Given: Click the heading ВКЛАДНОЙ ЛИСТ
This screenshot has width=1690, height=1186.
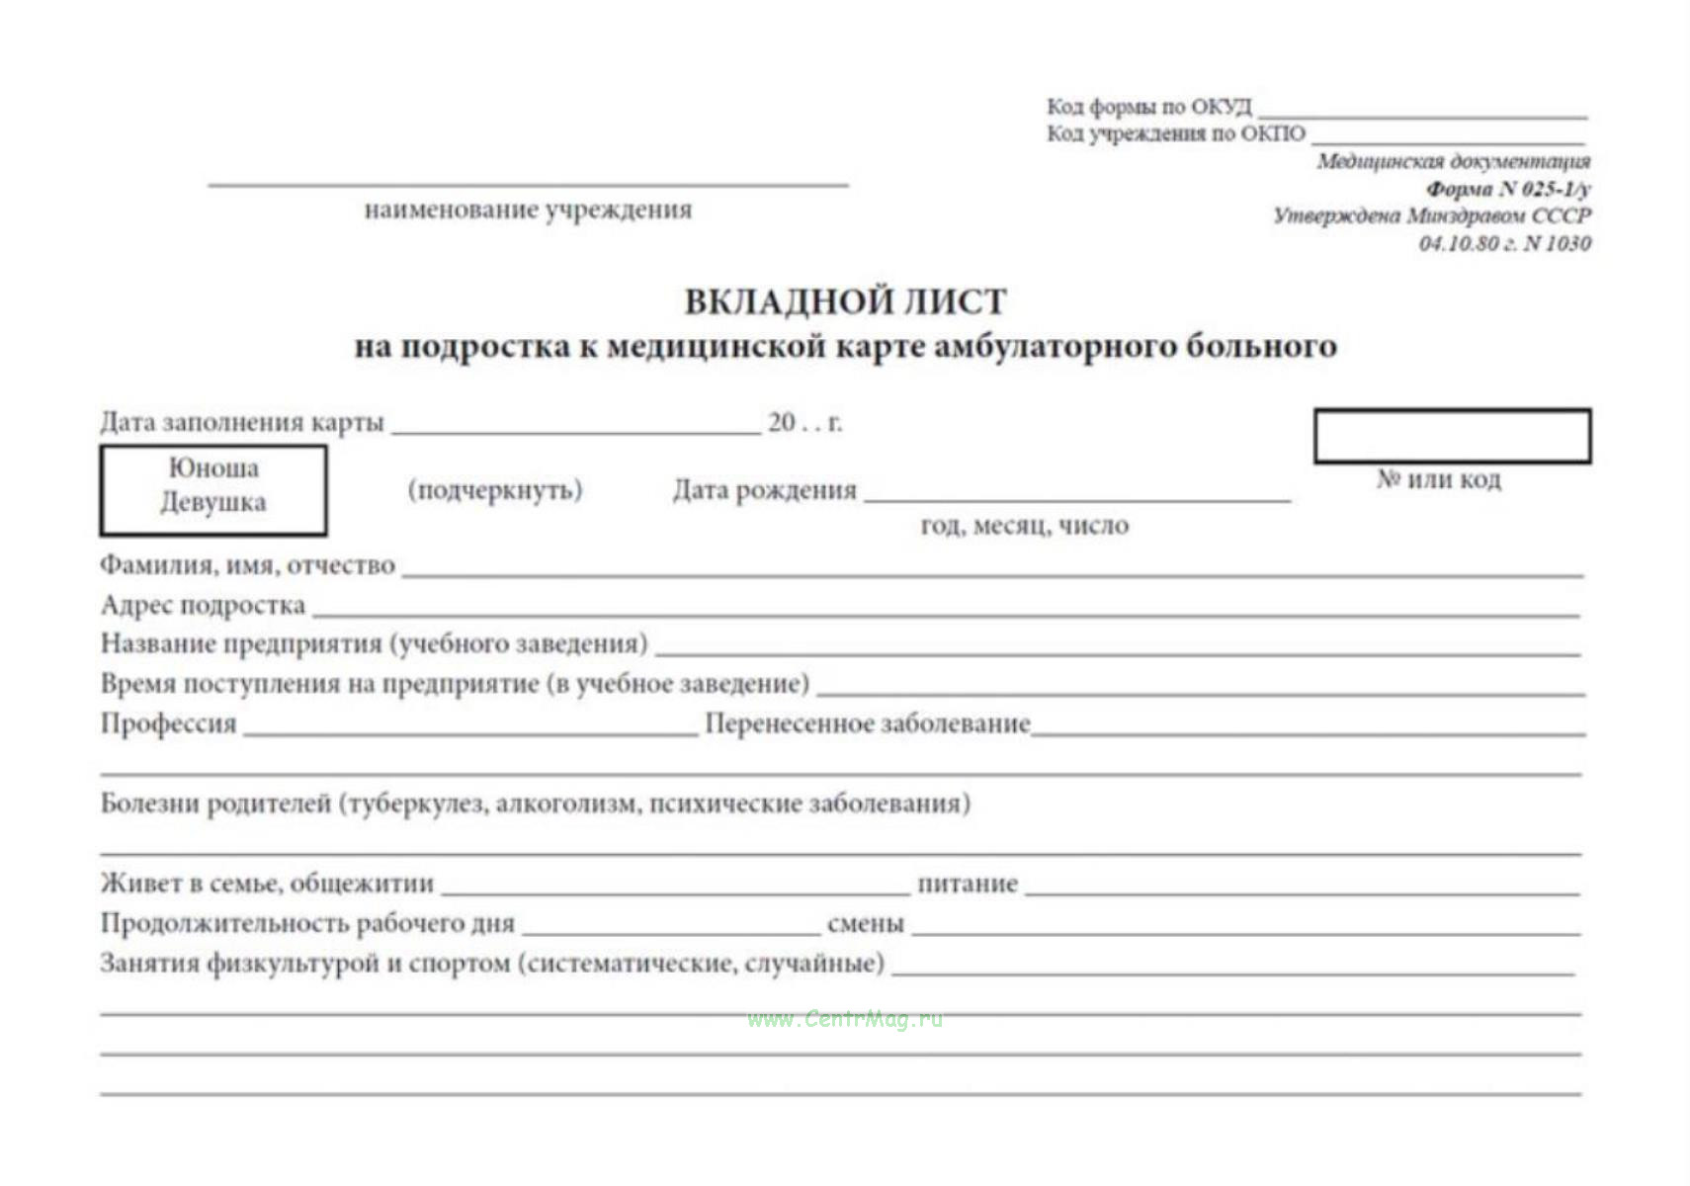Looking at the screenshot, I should click(x=845, y=301).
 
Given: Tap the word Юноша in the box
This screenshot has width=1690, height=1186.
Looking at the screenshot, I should click(x=213, y=467).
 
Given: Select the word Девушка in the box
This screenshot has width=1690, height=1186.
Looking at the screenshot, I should click(x=213, y=502).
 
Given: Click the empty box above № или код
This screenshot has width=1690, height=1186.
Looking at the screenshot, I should click(x=1451, y=436).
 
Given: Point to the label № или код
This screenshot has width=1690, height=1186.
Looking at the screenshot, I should click(x=1438, y=479).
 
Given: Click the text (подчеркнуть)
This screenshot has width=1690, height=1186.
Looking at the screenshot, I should click(x=495, y=490).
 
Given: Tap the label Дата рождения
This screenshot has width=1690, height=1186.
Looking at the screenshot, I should click(x=764, y=490).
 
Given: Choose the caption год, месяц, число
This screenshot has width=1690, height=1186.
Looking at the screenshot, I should click(x=1024, y=526).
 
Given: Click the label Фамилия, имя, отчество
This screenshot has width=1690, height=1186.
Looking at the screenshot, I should click(x=247, y=565).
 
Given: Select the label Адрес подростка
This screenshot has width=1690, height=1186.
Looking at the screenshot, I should click(x=203, y=605).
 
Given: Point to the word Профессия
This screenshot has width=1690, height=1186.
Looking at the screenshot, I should click(x=168, y=723).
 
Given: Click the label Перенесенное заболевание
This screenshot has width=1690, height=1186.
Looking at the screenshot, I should click(x=867, y=723).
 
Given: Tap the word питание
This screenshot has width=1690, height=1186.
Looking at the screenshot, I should click(x=967, y=883).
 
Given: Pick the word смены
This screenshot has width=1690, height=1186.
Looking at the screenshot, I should click(x=865, y=923).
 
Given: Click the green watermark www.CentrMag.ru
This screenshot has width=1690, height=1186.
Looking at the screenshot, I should click(x=845, y=1019).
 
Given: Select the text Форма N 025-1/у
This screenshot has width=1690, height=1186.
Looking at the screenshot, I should click(x=1507, y=188).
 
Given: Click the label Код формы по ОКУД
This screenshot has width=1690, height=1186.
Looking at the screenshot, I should click(x=1148, y=106).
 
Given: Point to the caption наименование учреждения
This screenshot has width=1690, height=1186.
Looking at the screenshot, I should click(x=528, y=210).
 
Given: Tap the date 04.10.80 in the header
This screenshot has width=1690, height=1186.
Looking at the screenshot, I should click(x=1458, y=243).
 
